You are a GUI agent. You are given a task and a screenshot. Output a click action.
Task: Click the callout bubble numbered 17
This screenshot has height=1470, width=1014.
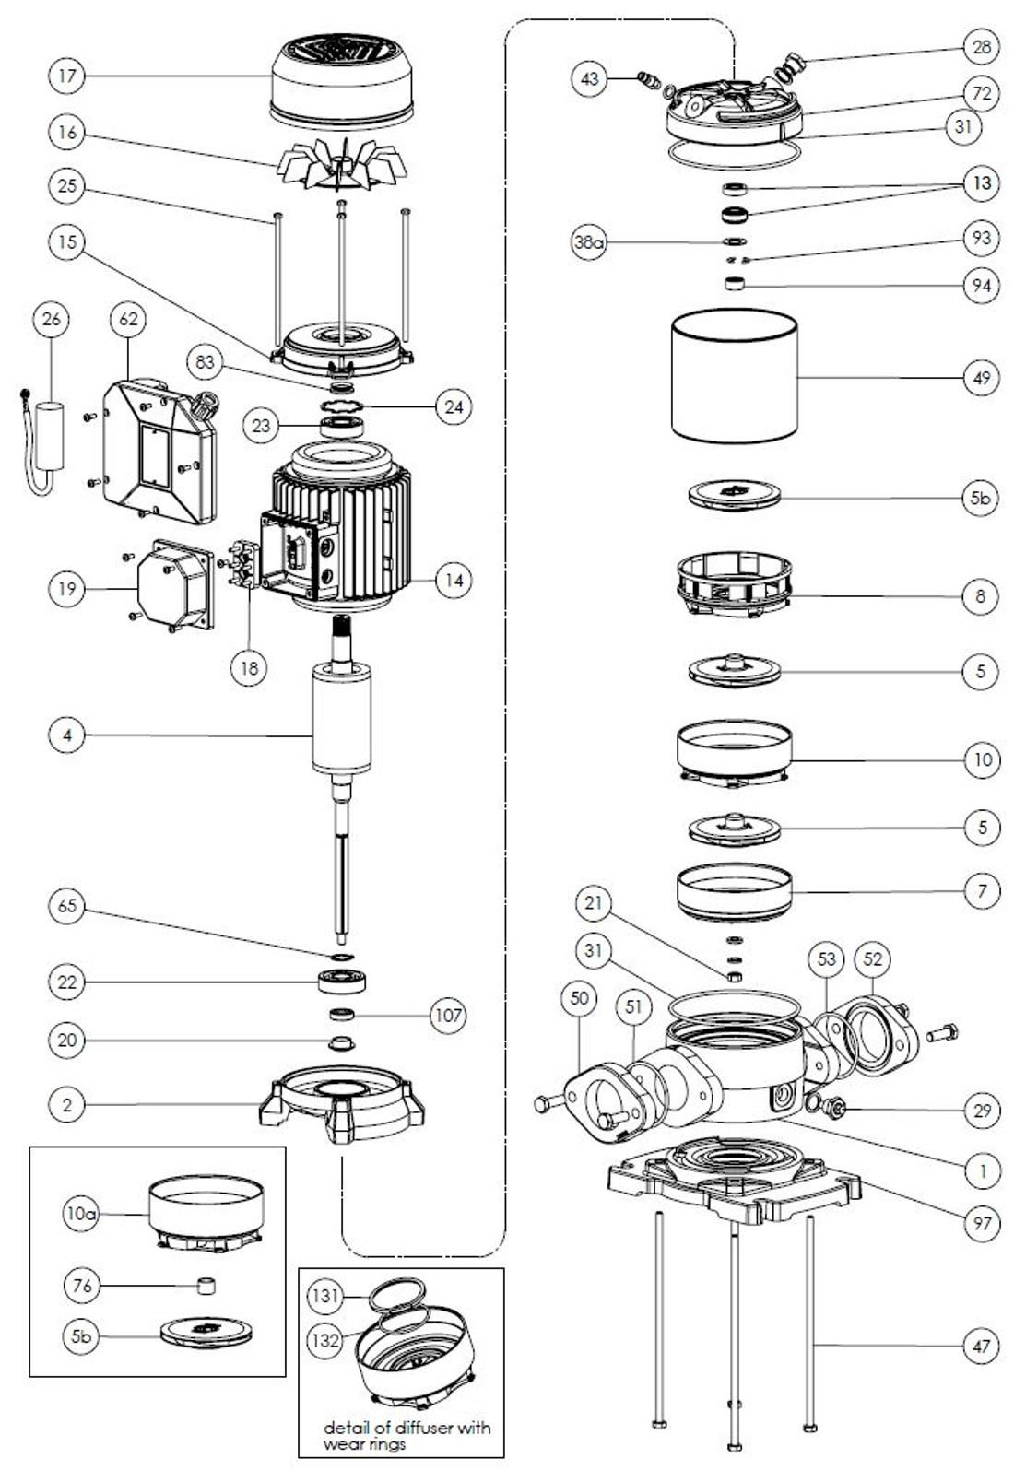(66, 76)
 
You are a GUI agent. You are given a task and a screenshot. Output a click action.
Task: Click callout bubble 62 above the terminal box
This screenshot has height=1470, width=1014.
(128, 319)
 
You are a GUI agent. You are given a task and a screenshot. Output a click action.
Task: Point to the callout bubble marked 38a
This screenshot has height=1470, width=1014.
(588, 243)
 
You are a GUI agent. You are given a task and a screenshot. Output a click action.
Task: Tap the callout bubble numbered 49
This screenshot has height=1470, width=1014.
(981, 378)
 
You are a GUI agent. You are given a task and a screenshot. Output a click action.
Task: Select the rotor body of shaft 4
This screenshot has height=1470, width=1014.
(342, 719)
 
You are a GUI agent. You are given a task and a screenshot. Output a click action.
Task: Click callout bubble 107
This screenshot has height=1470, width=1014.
(448, 1016)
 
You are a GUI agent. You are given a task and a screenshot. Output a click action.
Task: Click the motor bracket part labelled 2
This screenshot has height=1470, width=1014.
(342, 1101)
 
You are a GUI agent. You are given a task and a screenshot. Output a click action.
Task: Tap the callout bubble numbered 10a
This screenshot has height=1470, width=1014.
(81, 1214)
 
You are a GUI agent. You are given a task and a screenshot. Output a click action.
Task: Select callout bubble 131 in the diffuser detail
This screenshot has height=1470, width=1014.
(324, 1296)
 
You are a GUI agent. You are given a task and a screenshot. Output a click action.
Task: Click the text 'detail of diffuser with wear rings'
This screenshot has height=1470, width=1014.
(407, 1435)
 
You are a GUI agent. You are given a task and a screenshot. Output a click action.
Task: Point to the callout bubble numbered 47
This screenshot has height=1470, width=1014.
(981, 1347)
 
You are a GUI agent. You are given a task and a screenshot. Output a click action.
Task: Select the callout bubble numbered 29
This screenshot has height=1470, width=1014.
(981, 1110)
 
